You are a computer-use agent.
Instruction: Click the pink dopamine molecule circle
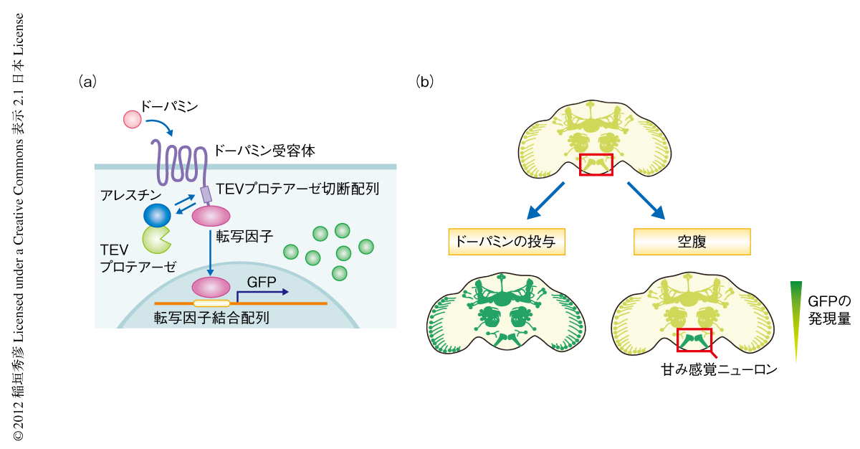[133, 118]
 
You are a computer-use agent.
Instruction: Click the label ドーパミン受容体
[264, 151]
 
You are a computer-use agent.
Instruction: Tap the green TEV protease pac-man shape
[157, 241]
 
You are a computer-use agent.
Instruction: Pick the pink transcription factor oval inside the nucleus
[210, 288]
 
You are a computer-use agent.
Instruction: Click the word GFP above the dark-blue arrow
[262, 281]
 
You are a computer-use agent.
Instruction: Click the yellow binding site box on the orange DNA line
[211, 303]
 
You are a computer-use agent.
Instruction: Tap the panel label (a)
[87, 82]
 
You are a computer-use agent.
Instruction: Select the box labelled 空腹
[692, 242]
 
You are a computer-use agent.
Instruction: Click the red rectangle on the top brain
[596, 164]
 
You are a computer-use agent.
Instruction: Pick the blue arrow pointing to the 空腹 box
[647, 200]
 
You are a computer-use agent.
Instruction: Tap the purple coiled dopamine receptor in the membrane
[176, 163]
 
